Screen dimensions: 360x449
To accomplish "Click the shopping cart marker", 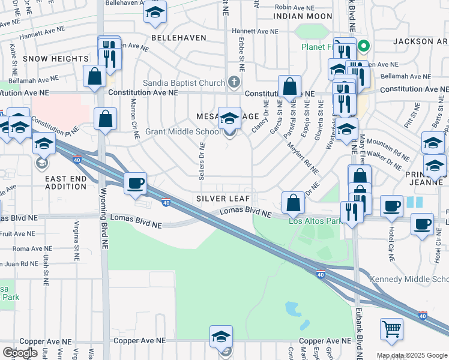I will (391, 328).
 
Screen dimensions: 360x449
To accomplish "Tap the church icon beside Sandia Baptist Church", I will (234, 82).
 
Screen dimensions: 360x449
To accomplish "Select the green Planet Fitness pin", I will (363, 46).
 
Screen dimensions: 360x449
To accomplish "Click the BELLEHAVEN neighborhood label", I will (178, 37).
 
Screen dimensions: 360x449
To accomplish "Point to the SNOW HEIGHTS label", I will (56, 59).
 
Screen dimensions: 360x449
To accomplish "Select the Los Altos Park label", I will (315, 221).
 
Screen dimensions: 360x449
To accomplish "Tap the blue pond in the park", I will (292, 309).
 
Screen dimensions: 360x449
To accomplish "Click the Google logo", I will (19, 353).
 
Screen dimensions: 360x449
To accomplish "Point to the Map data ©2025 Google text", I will (411, 355).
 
